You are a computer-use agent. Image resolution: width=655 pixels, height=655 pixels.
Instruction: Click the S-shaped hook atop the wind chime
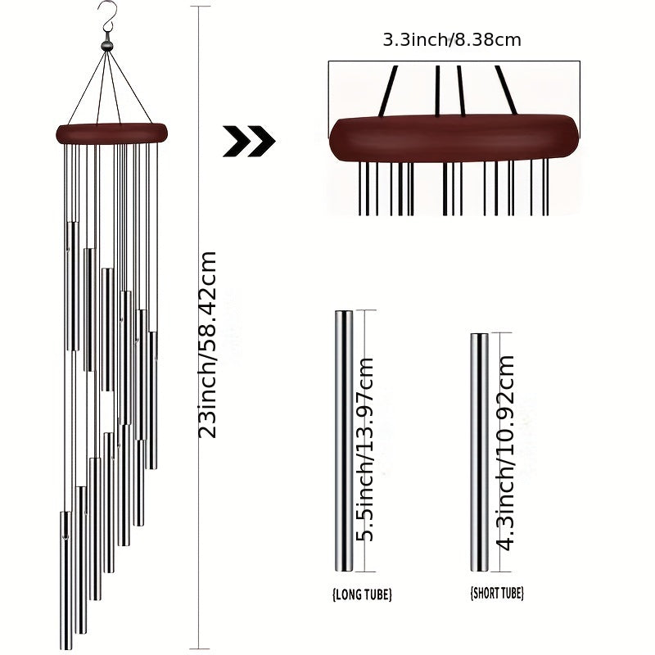point(108,18)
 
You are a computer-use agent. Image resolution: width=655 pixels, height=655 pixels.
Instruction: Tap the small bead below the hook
point(107,46)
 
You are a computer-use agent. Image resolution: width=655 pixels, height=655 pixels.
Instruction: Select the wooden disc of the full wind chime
point(111,133)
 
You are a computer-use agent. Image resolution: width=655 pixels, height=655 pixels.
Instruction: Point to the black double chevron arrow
point(249,141)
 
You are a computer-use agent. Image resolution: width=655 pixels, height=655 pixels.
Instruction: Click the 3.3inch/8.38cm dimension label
point(452,40)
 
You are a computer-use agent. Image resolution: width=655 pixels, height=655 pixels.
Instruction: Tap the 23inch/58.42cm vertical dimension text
point(208,345)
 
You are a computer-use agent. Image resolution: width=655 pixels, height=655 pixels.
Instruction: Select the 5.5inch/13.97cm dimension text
point(364,449)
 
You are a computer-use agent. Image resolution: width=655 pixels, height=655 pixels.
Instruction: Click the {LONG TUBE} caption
point(362,594)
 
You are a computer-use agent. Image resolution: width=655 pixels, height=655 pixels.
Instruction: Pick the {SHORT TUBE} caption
point(497,593)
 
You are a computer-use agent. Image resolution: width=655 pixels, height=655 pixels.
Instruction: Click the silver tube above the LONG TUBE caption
point(344,441)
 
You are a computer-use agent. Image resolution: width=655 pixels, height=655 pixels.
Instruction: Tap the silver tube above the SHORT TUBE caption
point(480,453)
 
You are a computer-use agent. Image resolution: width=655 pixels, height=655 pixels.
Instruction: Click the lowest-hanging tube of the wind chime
point(66,580)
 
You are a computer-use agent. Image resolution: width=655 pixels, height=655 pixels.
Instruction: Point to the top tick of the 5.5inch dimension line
point(365,310)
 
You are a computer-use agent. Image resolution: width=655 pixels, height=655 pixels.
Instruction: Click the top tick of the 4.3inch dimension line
point(501,333)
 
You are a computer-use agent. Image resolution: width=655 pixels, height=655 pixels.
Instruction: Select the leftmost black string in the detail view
point(388,91)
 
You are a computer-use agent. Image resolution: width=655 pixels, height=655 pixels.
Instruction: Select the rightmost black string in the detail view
point(506,90)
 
